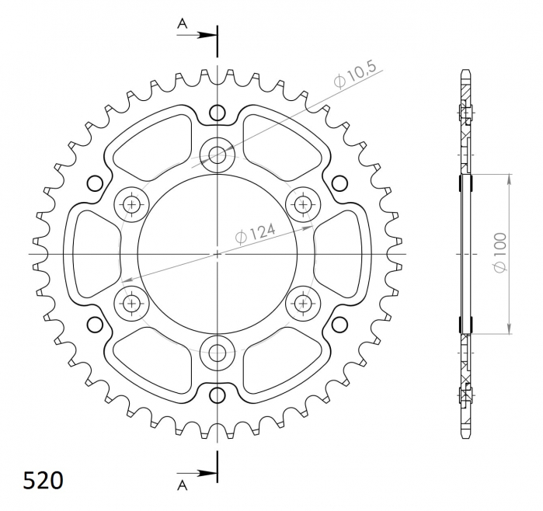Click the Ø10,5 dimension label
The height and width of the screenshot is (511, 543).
[x=354, y=75]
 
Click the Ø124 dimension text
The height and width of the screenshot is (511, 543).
[x=256, y=233]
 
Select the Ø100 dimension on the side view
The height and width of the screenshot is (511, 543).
[x=499, y=252]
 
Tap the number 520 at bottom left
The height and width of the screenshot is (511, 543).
[x=44, y=481]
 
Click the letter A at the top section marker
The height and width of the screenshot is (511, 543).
[x=182, y=23]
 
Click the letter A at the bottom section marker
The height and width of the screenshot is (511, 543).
[x=182, y=485]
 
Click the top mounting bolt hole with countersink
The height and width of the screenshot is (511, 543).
[x=218, y=155]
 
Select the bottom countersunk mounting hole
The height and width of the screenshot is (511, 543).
[x=218, y=353]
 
